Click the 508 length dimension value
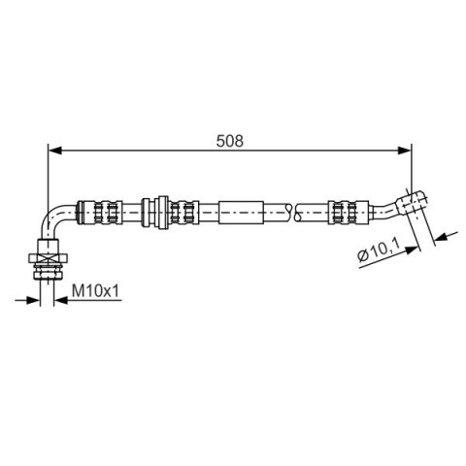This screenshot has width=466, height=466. pyautogui.click(x=229, y=141)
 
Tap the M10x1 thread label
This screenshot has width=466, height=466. pyautogui.click(x=95, y=290)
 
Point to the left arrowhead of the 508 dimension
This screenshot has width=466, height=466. pyautogui.click(x=54, y=150)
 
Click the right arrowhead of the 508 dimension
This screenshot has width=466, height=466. pyautogui.click(x=405, y=150)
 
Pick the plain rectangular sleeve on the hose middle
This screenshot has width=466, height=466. pyautogui.click(x=241, y=213)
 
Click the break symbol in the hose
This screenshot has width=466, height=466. pyautogui.click(x=293, y=213)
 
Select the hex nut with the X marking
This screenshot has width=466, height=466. pyautogui.click(x=48, y=258)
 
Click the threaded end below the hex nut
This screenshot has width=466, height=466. pyautogui.click(x=48, y=271)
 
